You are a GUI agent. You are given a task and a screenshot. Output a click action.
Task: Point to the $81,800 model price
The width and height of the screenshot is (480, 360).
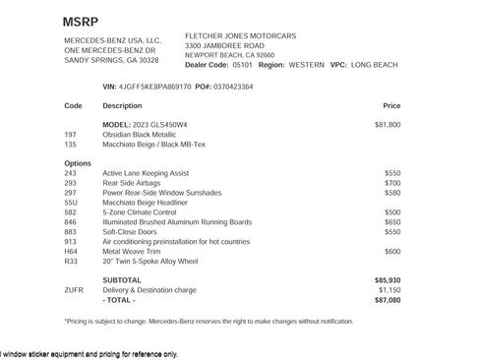point(388,125)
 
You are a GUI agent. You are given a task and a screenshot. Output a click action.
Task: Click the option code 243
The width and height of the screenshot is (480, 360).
point(70,172)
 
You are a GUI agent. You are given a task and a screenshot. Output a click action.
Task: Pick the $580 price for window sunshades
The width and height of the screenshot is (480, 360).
point(392,192)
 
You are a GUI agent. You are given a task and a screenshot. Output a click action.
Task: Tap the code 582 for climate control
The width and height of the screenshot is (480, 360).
point(70,211)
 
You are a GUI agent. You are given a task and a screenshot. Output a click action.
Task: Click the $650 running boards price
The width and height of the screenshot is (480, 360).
point(392,221)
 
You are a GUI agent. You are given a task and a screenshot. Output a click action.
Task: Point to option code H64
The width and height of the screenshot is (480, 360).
point(70,251)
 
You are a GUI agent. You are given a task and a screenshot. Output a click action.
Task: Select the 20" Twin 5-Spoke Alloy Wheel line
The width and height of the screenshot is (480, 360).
point(150,261)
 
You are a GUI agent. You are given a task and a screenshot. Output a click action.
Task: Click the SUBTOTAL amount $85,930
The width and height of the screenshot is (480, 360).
point(388,280)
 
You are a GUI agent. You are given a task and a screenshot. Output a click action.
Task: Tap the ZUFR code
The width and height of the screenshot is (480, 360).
point(73,290)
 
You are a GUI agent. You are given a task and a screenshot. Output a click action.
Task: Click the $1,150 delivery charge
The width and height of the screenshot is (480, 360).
point(390,290)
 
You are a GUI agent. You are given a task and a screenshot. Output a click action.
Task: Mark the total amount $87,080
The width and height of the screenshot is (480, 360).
point(388,300)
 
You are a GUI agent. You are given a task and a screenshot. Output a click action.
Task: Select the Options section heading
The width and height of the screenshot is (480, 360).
point(78,162)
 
